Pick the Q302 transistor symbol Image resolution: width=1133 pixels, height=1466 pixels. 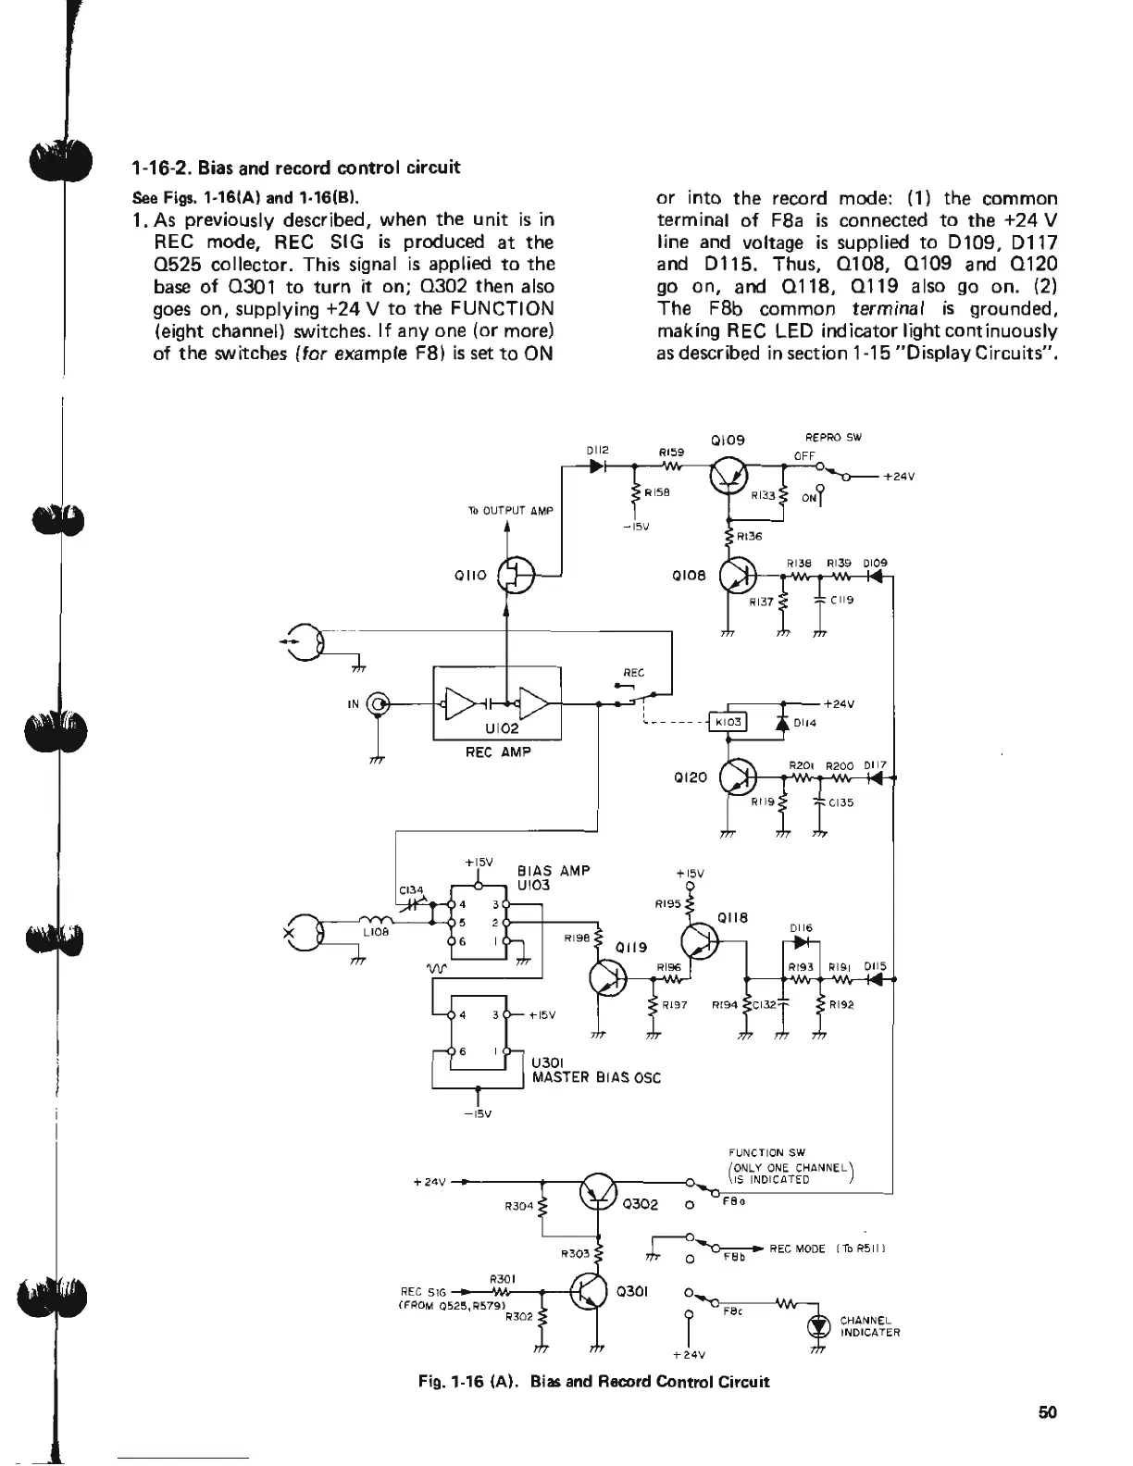point(597,1190)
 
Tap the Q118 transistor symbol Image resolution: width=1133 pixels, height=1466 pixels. point(699,941)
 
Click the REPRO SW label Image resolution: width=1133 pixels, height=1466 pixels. point(833,438)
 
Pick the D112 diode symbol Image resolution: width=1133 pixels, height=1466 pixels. point(598,466)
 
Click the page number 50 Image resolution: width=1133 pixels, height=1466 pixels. point(1047,1412)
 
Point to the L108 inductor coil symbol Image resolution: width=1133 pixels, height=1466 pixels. point(375,919)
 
